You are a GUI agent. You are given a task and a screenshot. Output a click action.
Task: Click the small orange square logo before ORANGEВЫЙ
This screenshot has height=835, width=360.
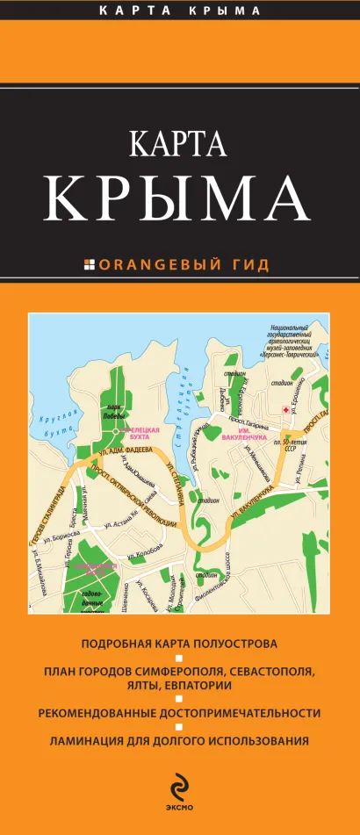89,263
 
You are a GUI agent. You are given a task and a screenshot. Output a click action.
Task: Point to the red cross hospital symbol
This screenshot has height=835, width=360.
284,410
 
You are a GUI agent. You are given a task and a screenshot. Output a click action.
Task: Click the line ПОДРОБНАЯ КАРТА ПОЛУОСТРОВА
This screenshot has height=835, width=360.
179,643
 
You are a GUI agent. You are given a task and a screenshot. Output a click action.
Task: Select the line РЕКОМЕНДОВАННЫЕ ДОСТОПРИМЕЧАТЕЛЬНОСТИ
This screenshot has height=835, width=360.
179,712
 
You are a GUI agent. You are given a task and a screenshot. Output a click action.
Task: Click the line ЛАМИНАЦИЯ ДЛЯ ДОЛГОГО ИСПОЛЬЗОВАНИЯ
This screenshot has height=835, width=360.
179,741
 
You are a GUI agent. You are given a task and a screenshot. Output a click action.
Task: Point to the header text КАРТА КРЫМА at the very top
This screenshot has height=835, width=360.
179,11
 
